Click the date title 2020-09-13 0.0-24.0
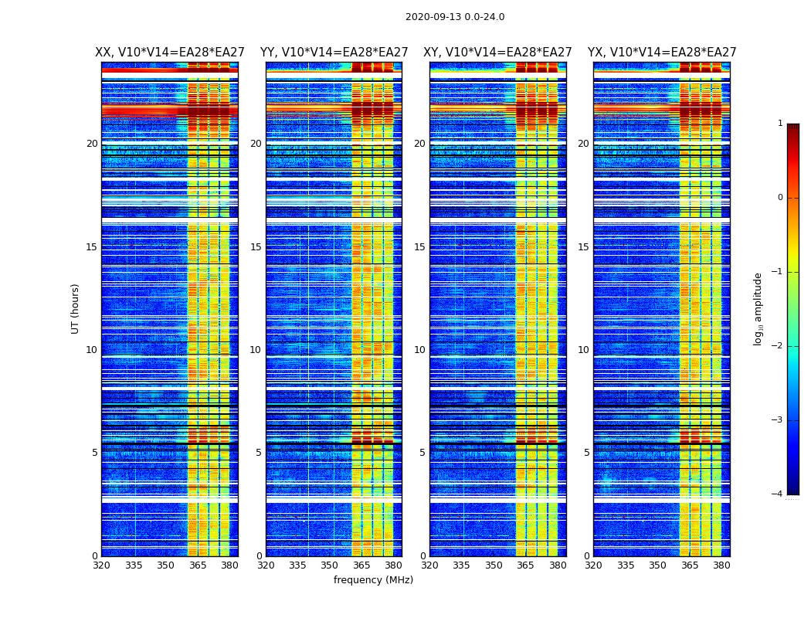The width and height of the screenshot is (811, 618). pos(455,17)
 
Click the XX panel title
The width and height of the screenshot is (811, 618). pos(170,53)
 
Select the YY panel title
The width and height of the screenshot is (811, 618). pos(334,53)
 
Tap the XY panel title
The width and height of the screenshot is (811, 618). pos(497,53)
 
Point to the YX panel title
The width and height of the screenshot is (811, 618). pos(662,53)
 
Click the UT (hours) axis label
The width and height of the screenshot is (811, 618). pos(76,308)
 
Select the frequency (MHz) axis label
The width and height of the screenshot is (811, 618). pos(373,580)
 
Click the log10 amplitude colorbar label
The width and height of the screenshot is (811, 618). pos(758,308)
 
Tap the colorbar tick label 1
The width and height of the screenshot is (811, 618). pos(779,124)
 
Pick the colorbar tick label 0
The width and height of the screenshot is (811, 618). pos(779,198)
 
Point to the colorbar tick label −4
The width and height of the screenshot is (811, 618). pos(778,494)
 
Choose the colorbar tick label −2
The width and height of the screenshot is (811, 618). pos(778,346)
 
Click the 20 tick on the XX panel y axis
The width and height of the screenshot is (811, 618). pos(92,144)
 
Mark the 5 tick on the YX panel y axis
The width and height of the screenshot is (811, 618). pos(586,453)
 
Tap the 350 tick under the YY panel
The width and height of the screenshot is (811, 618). pos(330,565)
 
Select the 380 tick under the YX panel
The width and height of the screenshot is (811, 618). pos(721,565)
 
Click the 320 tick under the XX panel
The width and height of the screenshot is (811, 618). pos(101,565)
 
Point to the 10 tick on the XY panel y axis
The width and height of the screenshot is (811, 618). pos(419,350)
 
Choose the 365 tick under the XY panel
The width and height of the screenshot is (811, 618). pos(526,565)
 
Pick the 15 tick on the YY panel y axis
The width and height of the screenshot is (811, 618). pos(256,247)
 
